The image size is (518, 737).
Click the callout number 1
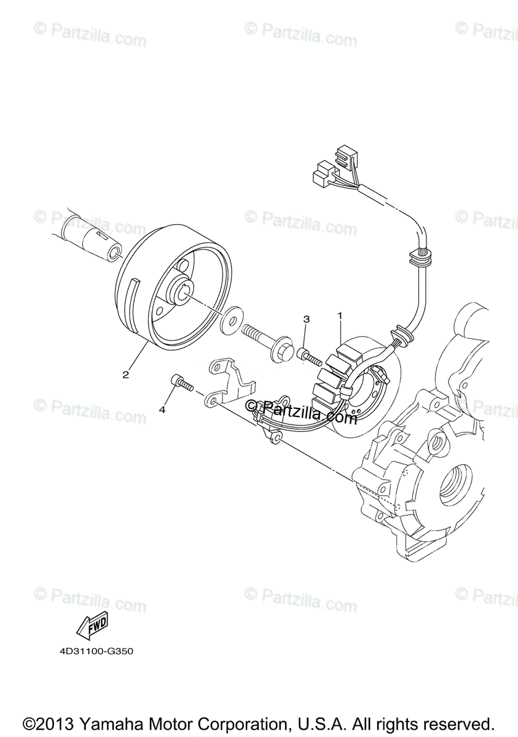(x=339, y=316)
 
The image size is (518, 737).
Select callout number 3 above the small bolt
(x=307, y=319)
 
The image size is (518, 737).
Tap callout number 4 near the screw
(x=162, y=409)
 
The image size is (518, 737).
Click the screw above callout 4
(x=181, y=383)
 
